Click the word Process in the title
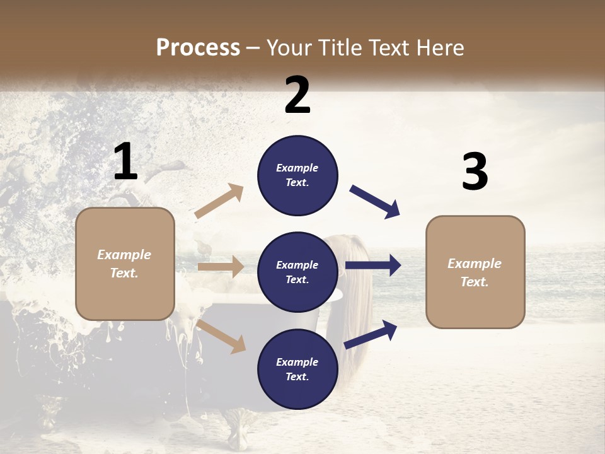coord(198,47)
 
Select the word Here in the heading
coord(441,47)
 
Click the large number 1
coord(125,162)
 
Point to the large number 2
coord(297,95)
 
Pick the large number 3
coord(475,172)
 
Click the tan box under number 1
coord(125,264)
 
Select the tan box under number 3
coord(475,272)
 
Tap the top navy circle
coord(297,175)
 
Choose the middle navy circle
coord(297,272)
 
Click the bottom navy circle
coord(297,369)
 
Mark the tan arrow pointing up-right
coord(219,201)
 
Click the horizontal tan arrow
coord(221,267)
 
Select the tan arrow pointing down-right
coord(221,336)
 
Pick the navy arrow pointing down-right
coord(375,201)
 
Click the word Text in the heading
coord(390,47)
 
